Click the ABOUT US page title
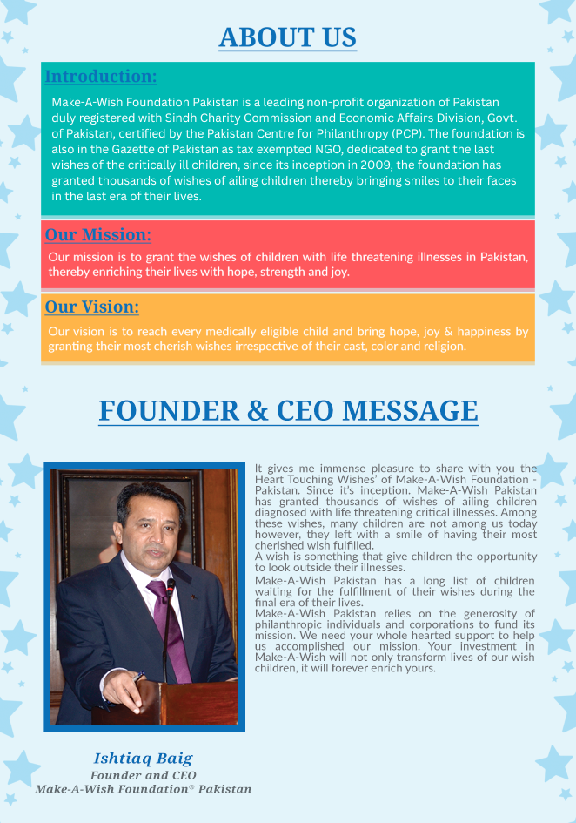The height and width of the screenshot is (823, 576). coord(287,37)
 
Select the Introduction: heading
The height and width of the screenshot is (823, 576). coord(101,77)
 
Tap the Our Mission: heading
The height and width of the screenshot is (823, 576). coord(98,234)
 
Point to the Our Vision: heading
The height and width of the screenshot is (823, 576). coord(92,307)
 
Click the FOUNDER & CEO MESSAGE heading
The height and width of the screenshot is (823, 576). coord(288,411)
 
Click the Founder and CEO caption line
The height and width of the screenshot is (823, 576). coord(143,775)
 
